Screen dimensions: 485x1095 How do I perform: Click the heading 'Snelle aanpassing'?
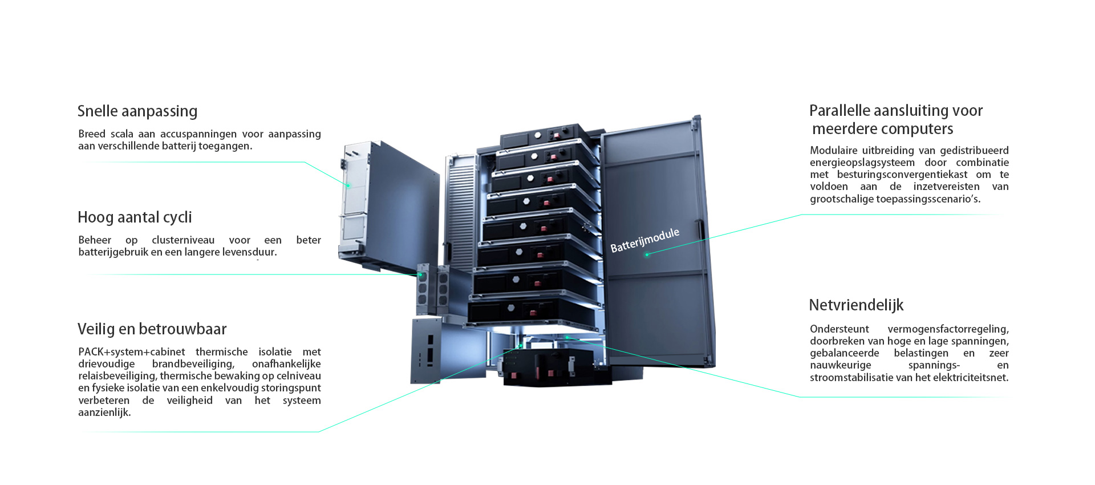137,111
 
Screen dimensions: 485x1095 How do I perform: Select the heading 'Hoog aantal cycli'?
135,217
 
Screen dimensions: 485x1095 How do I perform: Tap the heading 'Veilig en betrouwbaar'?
152,329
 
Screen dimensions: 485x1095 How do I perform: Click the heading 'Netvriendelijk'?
856,305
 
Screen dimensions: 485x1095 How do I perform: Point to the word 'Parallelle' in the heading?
839,111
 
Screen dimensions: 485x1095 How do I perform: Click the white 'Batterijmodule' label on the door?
644,240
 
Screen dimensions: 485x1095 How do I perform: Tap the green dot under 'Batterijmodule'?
647,255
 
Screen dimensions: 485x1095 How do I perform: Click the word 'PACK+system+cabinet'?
132,352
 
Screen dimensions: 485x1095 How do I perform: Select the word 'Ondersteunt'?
839,329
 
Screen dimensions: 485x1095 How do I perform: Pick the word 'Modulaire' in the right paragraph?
833,151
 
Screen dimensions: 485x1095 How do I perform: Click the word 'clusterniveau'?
183,240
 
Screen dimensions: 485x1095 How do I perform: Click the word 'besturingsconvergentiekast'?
902,175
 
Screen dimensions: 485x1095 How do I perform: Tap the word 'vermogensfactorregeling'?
948,329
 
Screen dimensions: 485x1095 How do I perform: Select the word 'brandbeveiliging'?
193,364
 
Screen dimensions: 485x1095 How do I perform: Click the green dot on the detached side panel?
348,185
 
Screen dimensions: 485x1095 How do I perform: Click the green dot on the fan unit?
421,275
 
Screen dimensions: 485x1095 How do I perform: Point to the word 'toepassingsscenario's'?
928,199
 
